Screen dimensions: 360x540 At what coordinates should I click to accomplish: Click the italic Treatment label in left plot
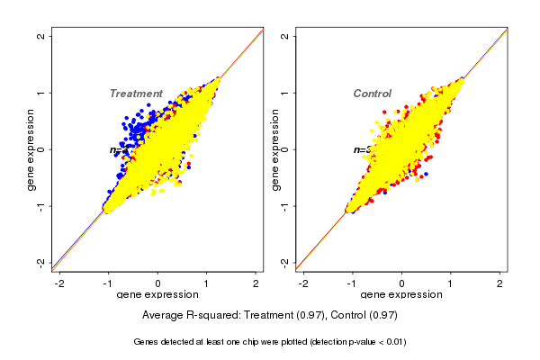tap(136, 94)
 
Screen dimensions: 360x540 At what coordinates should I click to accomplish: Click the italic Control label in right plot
tap(372, 94)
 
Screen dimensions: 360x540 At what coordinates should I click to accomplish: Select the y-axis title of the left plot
tap(31, 149)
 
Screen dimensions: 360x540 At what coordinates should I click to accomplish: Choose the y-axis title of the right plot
tap(275, 149)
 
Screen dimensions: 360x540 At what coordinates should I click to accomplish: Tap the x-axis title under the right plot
tap(401, 295)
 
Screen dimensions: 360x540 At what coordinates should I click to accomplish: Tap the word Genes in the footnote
tap(147, 342)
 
